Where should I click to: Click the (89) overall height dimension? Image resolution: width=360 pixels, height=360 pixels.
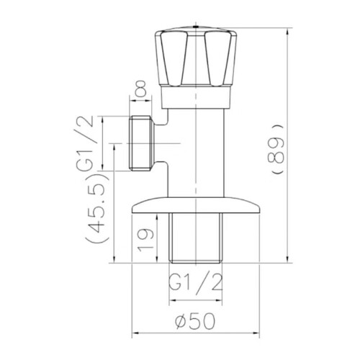[x=279, y=149]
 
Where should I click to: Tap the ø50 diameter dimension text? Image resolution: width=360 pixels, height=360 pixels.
[x=195, y=321]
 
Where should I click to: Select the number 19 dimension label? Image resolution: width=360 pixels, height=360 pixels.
[x=145, y=239]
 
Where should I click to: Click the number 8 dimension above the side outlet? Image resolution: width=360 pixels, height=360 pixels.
[x=140, y=89]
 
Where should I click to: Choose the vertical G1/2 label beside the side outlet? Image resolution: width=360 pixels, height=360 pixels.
[x=85, y=143]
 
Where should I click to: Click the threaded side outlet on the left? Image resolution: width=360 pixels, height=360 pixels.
[x=140, y=143]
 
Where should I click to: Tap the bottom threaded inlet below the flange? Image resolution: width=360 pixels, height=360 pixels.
[x=195, y=238]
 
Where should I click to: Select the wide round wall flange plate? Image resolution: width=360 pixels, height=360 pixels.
[x=196, y=205]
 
